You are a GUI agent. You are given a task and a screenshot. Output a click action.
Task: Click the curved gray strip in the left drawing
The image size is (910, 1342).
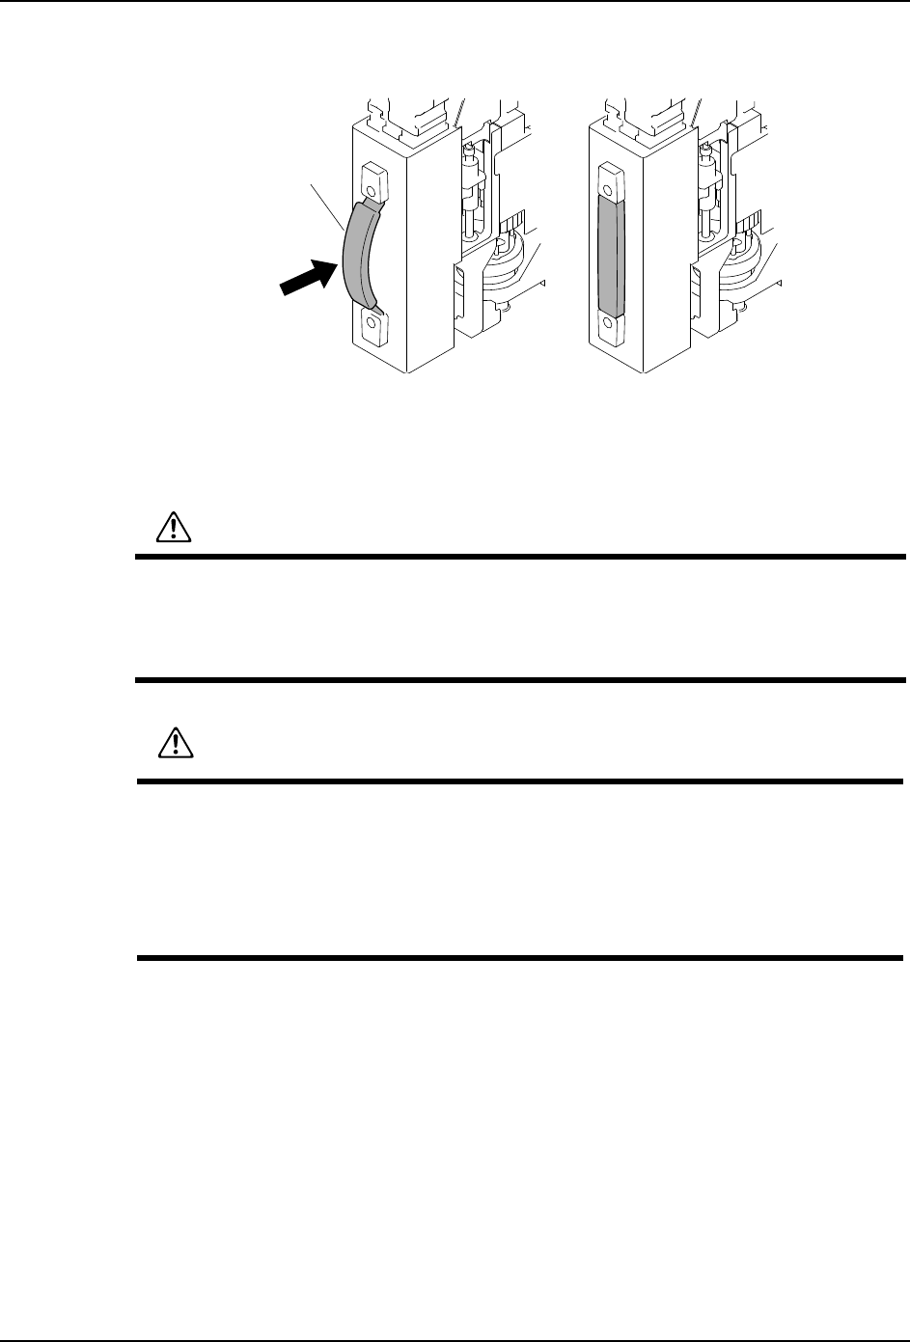[x=356, y=259]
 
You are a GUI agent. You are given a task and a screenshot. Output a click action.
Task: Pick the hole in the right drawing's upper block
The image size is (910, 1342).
[x=607, y=178]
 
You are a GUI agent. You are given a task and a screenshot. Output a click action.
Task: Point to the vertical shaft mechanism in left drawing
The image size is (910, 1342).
[x=472, y=188]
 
